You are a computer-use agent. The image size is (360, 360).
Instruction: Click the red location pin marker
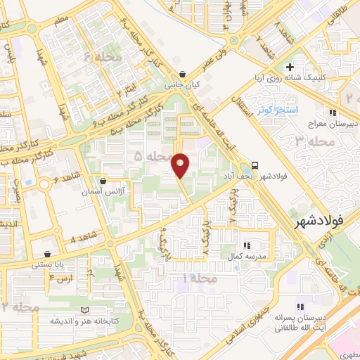[x=180, y=165]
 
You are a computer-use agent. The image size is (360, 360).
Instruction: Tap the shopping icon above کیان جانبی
[x=183, y=73]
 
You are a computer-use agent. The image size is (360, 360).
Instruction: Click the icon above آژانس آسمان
[x=103, y=181]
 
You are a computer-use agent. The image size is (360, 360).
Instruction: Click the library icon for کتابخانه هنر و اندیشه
[x=85, y=310]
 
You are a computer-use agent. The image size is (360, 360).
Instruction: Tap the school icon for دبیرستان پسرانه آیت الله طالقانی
[x=300, y=307]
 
